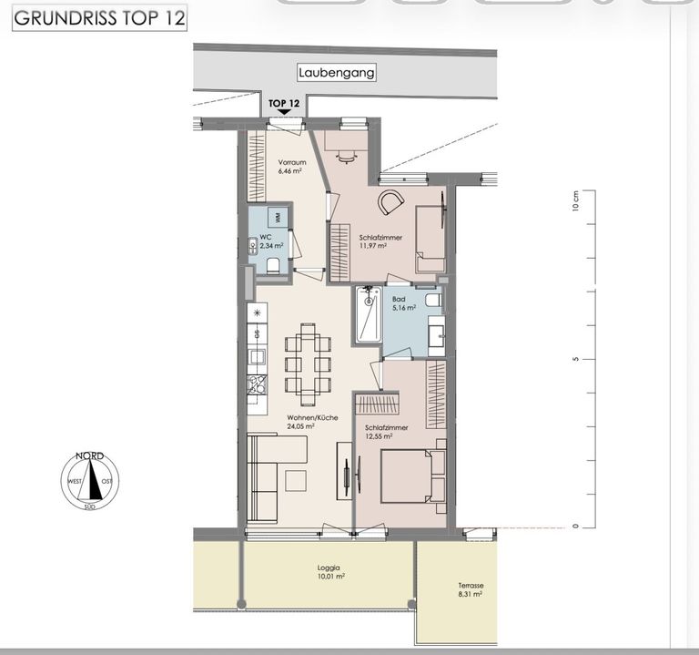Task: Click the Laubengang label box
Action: pyautogui.click(x=337, y=73)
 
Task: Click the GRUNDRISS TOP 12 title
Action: pyautogui.click(x=99, y=18)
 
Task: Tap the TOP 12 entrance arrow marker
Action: pyautogui.click(x=284, y=112)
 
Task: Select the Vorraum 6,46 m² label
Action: pyautogui.click(x=292, y=167)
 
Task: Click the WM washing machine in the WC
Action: pyautogui.click(x=278, y=217)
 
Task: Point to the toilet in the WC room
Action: pyautogui.click(x=273, y=266)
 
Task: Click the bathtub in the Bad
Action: pyautogui.click(x=369, y=314)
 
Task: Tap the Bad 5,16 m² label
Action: pyautogui.click(x=404, y=303)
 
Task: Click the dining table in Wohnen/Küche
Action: pyautogui.click(x=308, y=364)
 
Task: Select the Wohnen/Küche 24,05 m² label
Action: pyautogui.click(x=312, y=422)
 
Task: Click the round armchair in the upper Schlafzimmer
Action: pyautogui.click(x=391, y=202)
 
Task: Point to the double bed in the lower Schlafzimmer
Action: pyautogui.click(x=412, y=476)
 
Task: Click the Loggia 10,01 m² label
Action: pyautogui.click(x=330, y=572)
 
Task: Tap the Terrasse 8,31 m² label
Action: pyautogui.click(x=471, y=589)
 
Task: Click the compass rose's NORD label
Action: pyautogui.click(x=89, y=456)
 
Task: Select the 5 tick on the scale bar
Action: pyautogui.click(x=575, y=359)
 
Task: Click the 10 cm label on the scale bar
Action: pyautogui.click(x=575, y=201)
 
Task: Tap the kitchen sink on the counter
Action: pyautogui.click(x=257, y=357)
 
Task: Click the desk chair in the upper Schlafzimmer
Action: pyautogui.click(x=347, y=157)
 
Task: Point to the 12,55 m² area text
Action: pyautogui.click(x=379, y=436)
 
